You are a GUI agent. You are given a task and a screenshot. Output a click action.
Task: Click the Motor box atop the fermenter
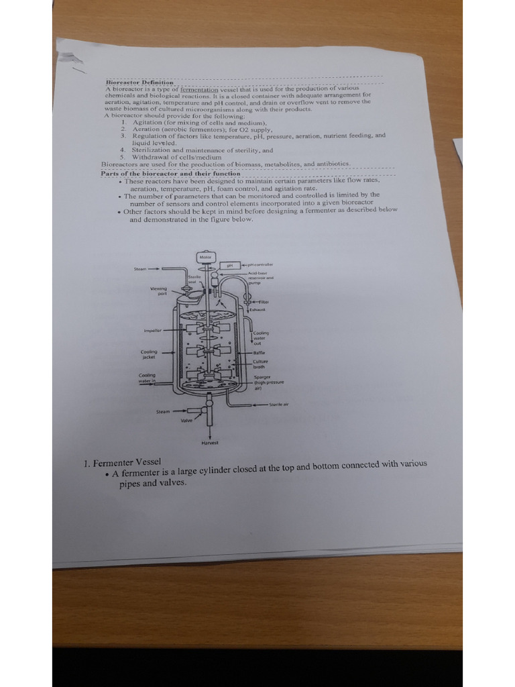coord(205,256)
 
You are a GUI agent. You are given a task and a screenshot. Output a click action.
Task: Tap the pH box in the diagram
coord(229,265)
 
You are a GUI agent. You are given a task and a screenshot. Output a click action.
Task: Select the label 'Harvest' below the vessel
coord(209,443)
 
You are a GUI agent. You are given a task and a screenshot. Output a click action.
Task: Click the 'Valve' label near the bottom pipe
coord(186,420)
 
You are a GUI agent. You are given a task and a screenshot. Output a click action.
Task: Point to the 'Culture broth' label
coord(260,364)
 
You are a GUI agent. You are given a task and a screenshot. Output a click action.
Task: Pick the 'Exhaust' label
coord(258,310)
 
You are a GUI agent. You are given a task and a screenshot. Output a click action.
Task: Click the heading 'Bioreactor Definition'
coord(139,82)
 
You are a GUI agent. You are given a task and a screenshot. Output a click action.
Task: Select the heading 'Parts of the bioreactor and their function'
coord(170,173)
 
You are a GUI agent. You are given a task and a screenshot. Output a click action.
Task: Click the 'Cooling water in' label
coord(147,378)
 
